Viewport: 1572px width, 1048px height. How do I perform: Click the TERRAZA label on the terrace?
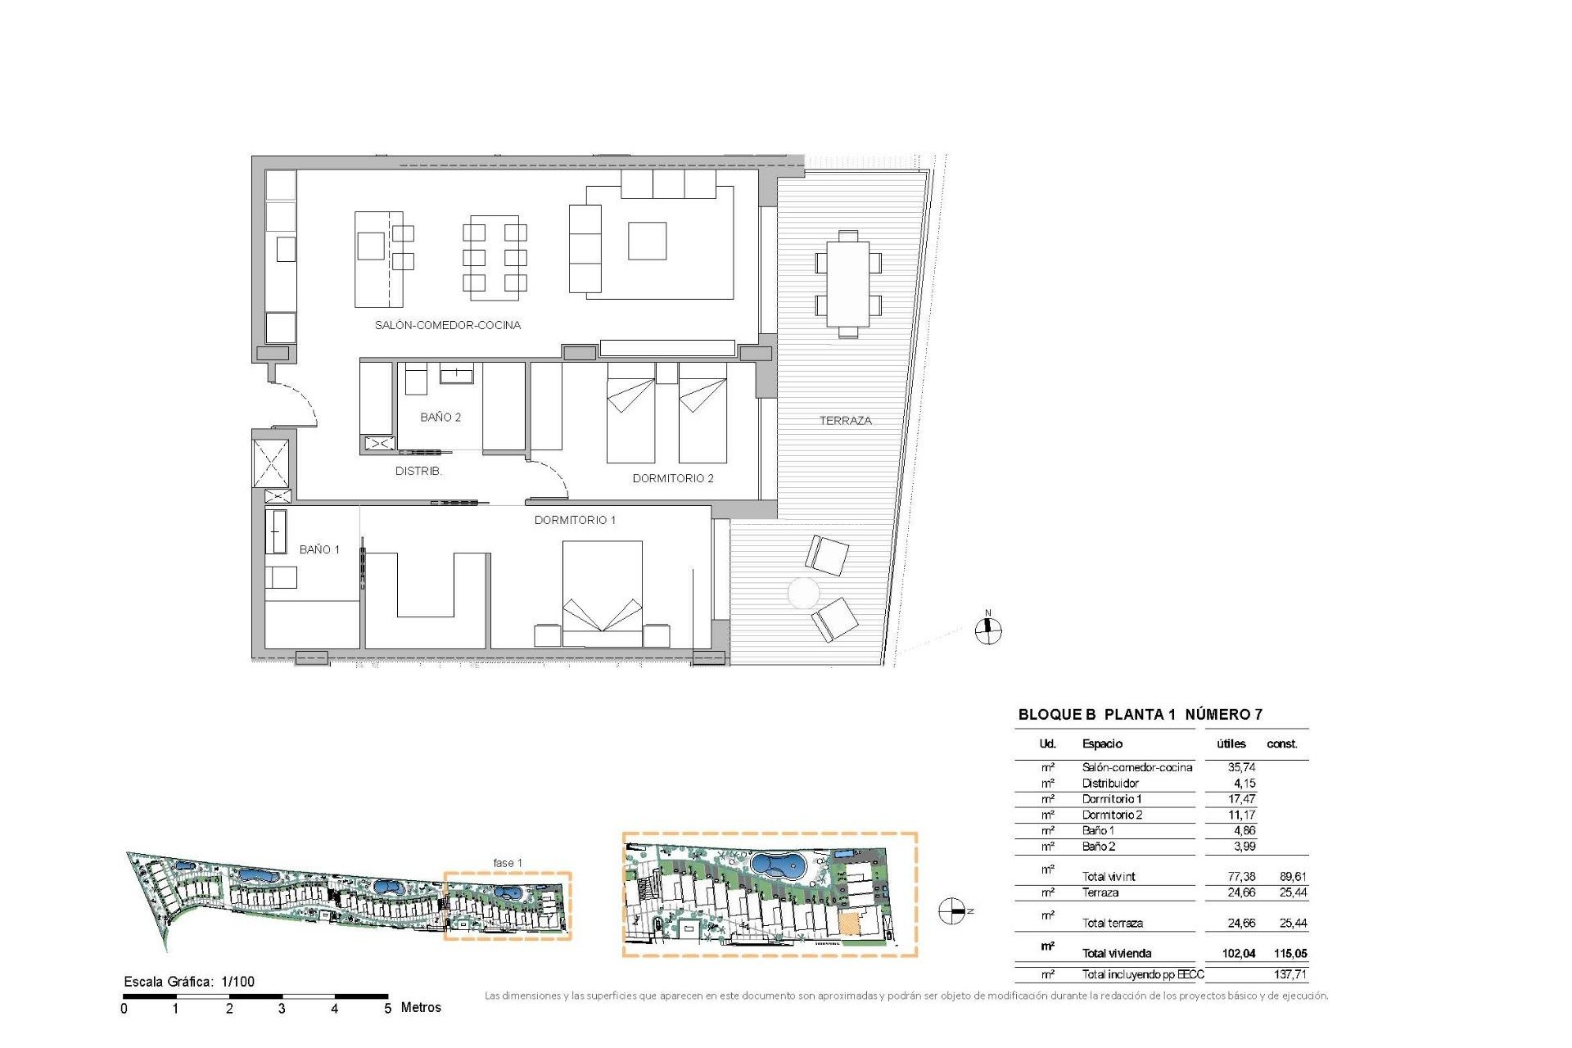coord(845,420)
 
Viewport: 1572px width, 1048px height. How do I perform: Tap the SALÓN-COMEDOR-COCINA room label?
coord(447,325)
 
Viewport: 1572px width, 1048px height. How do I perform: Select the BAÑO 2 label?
coord(440,417)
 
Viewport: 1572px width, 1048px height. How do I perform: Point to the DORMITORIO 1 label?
coord(575,520)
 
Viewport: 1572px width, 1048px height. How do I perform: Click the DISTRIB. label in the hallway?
coord(418,471)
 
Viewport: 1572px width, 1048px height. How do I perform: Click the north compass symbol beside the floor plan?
coord(988,630)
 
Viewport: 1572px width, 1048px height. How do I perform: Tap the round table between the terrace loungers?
coord(803,593)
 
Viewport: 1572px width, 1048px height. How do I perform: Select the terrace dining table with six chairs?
coord(848,284)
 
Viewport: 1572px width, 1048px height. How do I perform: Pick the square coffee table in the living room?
coord(647,241)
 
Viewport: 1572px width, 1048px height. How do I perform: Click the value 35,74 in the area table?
coord(1241,767)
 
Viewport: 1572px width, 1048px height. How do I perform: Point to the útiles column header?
coord(1231,743)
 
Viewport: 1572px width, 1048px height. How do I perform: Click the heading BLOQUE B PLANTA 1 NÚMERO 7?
coord(1140,714)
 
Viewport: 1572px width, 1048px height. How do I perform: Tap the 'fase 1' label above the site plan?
coord(508,862)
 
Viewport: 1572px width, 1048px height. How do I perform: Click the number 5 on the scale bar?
coord(388,1009)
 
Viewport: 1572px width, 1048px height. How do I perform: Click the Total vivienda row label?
coord(1116,953)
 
